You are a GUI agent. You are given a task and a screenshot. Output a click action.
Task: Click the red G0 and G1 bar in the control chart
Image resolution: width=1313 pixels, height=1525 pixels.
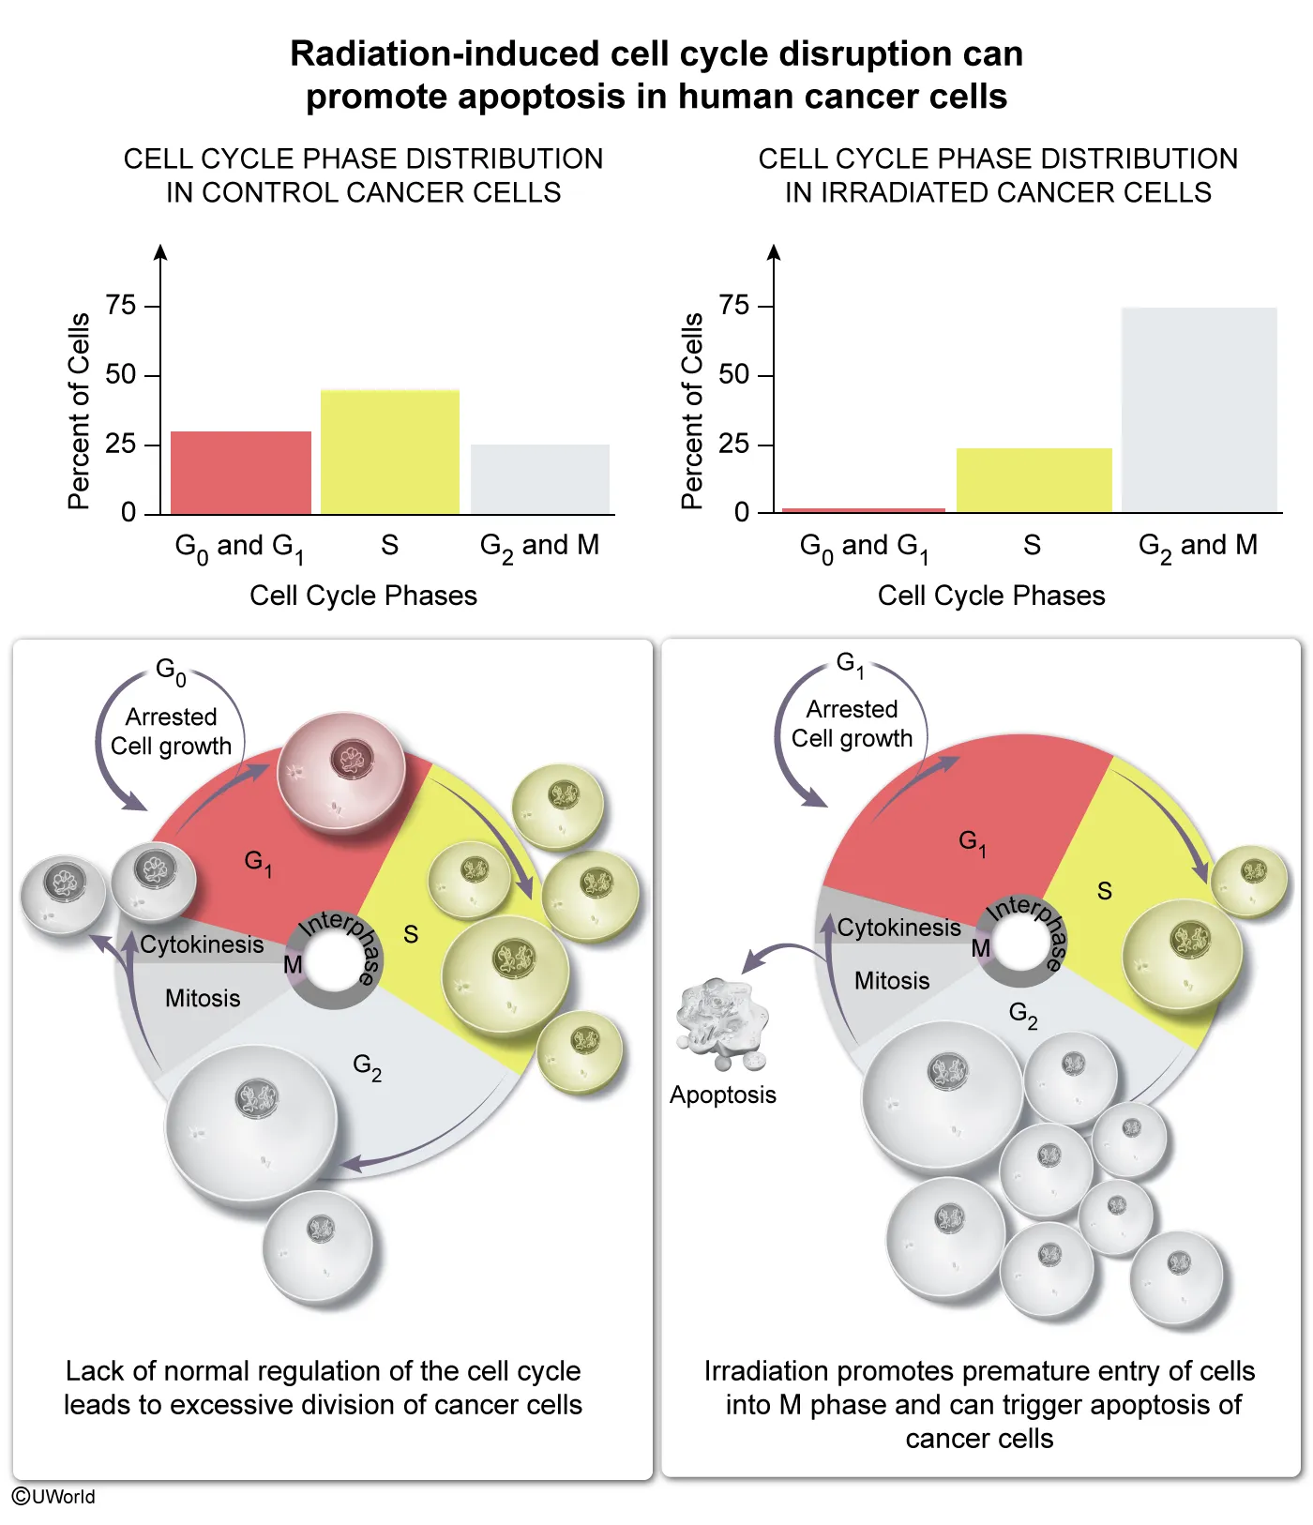[241, 472]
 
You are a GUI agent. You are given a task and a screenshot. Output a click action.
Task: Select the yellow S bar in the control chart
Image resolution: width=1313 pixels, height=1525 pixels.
[390, 451]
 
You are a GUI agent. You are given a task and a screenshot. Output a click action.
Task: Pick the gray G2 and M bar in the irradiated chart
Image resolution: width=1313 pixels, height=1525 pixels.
[1199, 409]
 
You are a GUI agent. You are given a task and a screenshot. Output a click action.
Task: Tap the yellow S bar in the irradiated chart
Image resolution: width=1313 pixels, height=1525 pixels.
[1034, 479]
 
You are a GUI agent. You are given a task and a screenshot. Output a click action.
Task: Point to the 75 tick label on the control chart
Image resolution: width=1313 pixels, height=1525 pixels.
[121, 305]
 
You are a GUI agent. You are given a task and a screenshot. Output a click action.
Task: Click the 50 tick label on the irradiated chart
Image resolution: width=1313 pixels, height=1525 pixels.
[733, 374]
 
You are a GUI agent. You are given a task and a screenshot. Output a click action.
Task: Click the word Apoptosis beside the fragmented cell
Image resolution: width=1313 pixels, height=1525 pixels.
[722, 1095]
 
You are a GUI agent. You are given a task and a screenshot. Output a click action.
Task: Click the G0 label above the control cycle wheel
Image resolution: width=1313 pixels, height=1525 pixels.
[171, 671]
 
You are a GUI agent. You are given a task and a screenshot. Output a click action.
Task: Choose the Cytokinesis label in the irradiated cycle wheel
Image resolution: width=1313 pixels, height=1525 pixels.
[898, 928]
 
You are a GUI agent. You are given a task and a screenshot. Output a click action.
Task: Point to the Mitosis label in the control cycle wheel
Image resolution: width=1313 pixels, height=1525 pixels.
[203, 998]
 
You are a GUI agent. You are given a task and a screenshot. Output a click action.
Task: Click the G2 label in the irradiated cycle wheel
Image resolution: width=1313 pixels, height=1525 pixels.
[1023, 1014]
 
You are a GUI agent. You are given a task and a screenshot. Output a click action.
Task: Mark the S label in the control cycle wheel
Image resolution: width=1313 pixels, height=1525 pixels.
[411, 934]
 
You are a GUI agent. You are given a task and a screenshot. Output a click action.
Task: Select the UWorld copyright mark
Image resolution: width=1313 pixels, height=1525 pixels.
[53, 1496]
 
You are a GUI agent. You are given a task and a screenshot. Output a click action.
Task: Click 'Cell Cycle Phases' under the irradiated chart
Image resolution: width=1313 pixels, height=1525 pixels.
[991, 596]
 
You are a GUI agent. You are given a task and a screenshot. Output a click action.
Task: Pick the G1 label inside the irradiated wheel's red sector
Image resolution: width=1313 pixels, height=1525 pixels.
[972, 841]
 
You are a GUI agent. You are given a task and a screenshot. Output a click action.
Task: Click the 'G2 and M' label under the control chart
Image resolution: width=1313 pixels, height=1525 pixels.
[539, 546]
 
